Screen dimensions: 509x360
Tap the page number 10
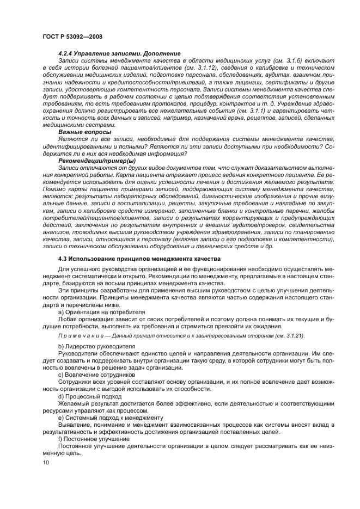coord(46,462)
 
